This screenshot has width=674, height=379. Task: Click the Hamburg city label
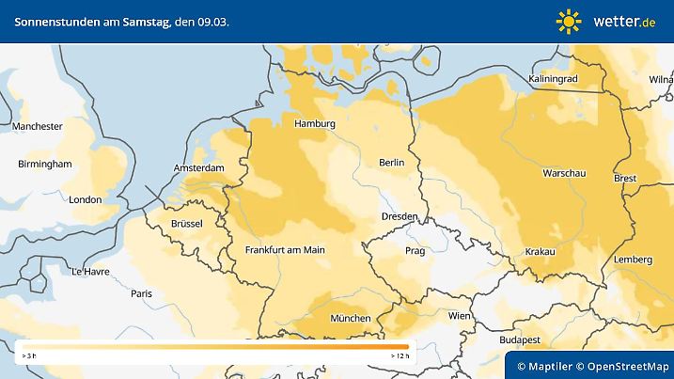coord(315,124)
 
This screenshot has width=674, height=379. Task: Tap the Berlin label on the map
coord(391,163)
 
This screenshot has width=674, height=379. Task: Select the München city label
coord(350,318)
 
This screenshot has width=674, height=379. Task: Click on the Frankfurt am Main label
coord(284,250)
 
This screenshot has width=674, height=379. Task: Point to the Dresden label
coord(399,216)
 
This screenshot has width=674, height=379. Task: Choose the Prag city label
coord(415,251)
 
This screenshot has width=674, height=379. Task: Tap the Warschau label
coord(565,174)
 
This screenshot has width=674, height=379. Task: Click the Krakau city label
coord(540,251)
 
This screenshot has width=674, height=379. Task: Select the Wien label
coord(459,316)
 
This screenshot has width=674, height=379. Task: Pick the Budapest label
coord(518,339)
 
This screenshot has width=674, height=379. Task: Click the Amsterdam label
coord(199,168)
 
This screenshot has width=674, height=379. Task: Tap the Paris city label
coord(142,293)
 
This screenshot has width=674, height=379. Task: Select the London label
coord(86,199)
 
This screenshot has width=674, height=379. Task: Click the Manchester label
coord(38,126)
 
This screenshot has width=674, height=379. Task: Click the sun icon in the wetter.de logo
coord(569,21)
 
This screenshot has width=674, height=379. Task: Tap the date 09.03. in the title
coord(212,21)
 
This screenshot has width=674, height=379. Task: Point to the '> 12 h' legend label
coord(400,357)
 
